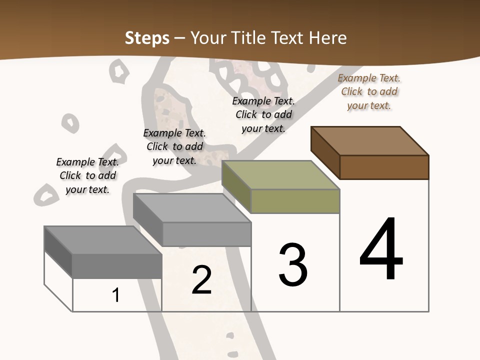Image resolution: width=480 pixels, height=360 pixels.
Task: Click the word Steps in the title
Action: click(x=147, y=38)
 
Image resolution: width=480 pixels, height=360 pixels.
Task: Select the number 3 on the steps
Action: click(x=292, y=265)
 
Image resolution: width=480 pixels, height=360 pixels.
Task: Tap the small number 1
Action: click(x=116, y=295)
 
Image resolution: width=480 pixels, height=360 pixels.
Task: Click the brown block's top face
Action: click(x=370, y=140)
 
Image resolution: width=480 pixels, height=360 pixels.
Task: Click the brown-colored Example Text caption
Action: click(x=369, y=91)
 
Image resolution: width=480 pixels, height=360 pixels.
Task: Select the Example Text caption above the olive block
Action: click(x=263, y=114)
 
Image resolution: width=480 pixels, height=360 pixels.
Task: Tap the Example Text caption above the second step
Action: click(x=174, y=146)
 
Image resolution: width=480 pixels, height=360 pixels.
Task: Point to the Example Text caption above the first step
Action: click(x=87, y=175)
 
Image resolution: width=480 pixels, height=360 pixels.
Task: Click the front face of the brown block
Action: click(x=384, y=167)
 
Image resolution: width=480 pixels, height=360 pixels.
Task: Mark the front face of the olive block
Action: click(x=295, y=201)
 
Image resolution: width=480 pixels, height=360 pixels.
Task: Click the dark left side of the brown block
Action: click(x=325, y=152)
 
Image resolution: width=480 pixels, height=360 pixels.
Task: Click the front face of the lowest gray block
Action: click(x=117, y=265)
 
